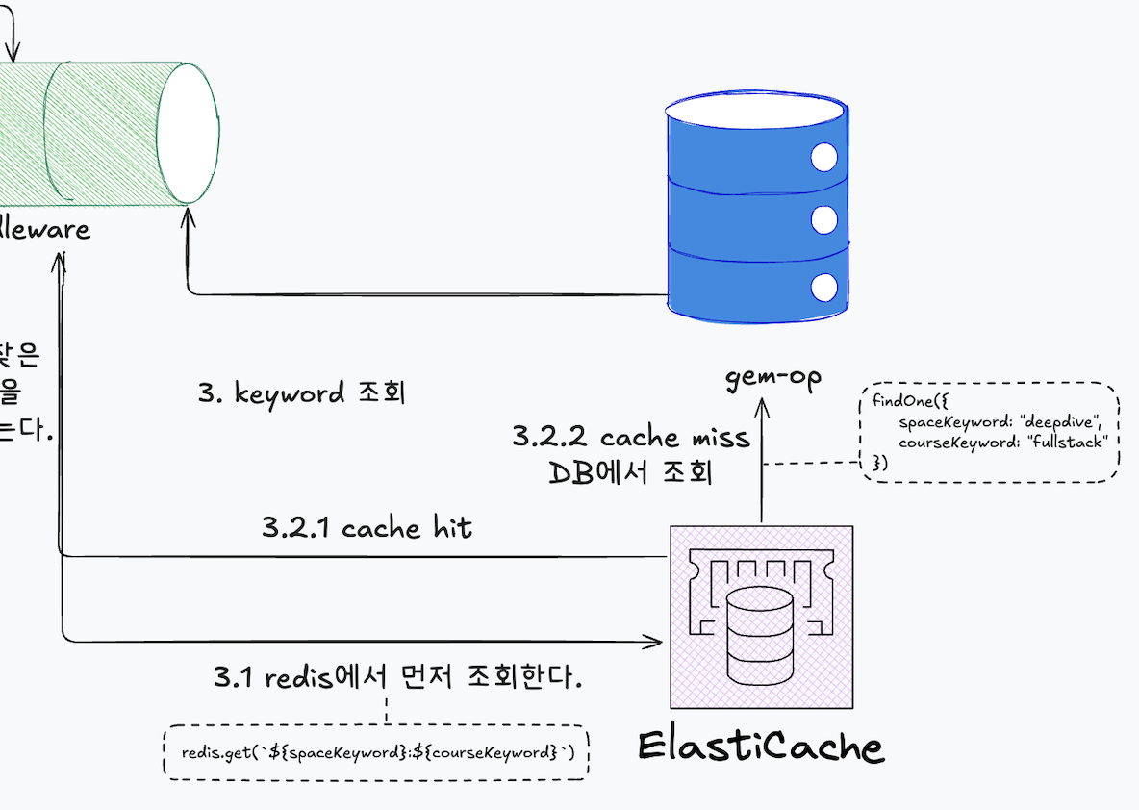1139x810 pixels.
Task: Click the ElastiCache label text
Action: pos(760,747)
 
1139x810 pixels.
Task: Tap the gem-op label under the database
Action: pos(773,378)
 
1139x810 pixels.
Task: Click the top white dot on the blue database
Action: pos(823,158)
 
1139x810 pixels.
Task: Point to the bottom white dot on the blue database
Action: pos(823,287)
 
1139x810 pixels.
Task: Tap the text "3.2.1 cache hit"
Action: pos(367,527)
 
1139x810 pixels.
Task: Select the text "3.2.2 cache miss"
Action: pos(630,437)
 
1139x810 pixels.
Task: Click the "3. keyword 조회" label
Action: pos(301,393)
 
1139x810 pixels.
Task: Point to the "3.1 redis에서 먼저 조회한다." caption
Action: pos(398,677)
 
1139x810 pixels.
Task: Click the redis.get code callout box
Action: pos(377,751)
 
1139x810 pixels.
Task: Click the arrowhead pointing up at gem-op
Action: pos(762,408)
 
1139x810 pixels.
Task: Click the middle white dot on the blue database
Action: pos(823,220)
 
